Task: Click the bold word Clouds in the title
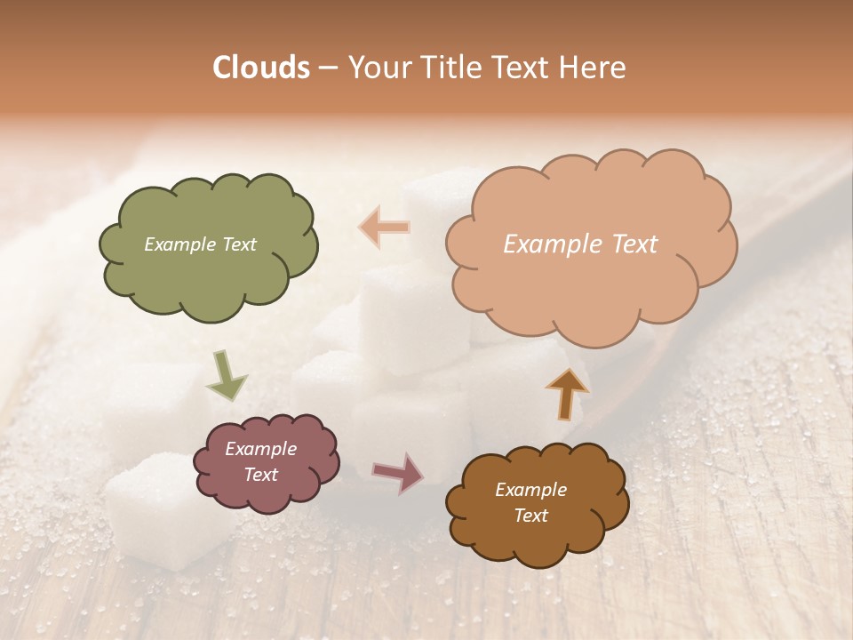[261, 68]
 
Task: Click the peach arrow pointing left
[385, 227]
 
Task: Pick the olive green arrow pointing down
[227, 375]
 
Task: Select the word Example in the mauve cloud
[260, 449]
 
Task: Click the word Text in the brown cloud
[530, 516]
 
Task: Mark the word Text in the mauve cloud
[260, 475]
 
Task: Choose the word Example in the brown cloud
[530, 490]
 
